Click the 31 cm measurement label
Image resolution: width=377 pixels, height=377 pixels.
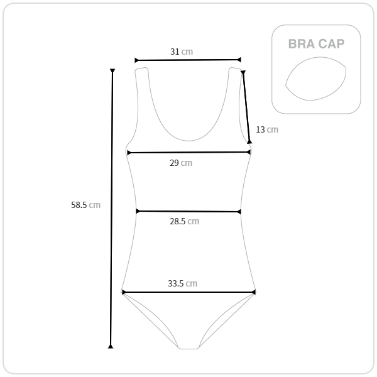tap(182, 52)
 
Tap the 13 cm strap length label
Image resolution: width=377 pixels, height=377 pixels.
tap(267, 129)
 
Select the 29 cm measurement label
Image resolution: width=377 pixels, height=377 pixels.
tap(181, 163)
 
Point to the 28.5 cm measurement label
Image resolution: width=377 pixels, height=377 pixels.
tap(184, 221)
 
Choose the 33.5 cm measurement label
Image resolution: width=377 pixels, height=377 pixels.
tap(182, 283)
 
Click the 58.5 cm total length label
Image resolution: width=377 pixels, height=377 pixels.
tap(85, 205)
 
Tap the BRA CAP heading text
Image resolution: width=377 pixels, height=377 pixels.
tap(316, 44)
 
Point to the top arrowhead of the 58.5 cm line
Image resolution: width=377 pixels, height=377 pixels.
tap(112, 70)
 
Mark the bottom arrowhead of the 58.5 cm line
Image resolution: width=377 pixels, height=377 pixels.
tap(111, 346)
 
